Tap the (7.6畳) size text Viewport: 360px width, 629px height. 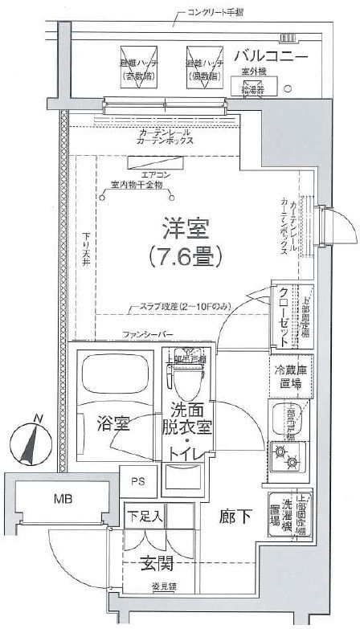pyautogui.click(x=185, y=256)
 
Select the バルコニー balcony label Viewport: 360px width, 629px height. pyautogui.click(x=271, y=56)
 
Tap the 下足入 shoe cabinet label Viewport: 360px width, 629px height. pyautogui.click(x=145, y=515)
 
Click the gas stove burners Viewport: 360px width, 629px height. pyautogui.click(x=283, y=461)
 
